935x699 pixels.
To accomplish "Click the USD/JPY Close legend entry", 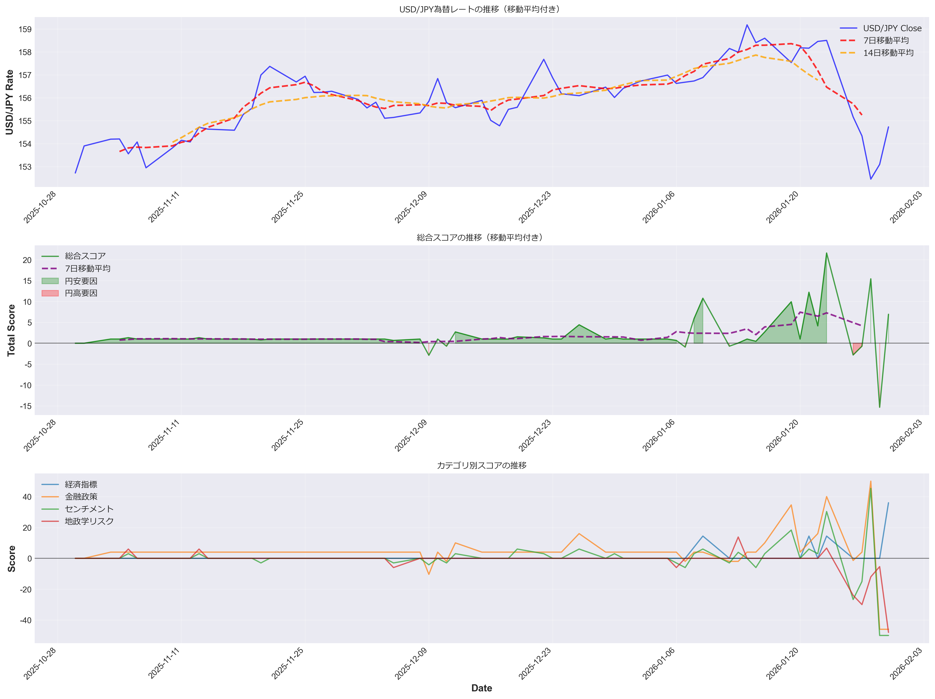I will pyautogui.click(x=892, y=28).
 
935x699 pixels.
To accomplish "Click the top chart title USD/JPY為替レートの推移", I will pyautogui.click(x=481, y=9).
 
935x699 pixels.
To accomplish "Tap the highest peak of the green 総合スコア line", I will pyautogui.click(x=826, y=253).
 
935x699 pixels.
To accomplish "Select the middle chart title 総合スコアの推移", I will pyautogui.click(x=481, y=238).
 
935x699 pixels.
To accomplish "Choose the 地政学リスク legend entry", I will pyautogui.click(x=89, y=521).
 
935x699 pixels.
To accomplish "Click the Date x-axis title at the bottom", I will pyautogui.click(x=482, y=688).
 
